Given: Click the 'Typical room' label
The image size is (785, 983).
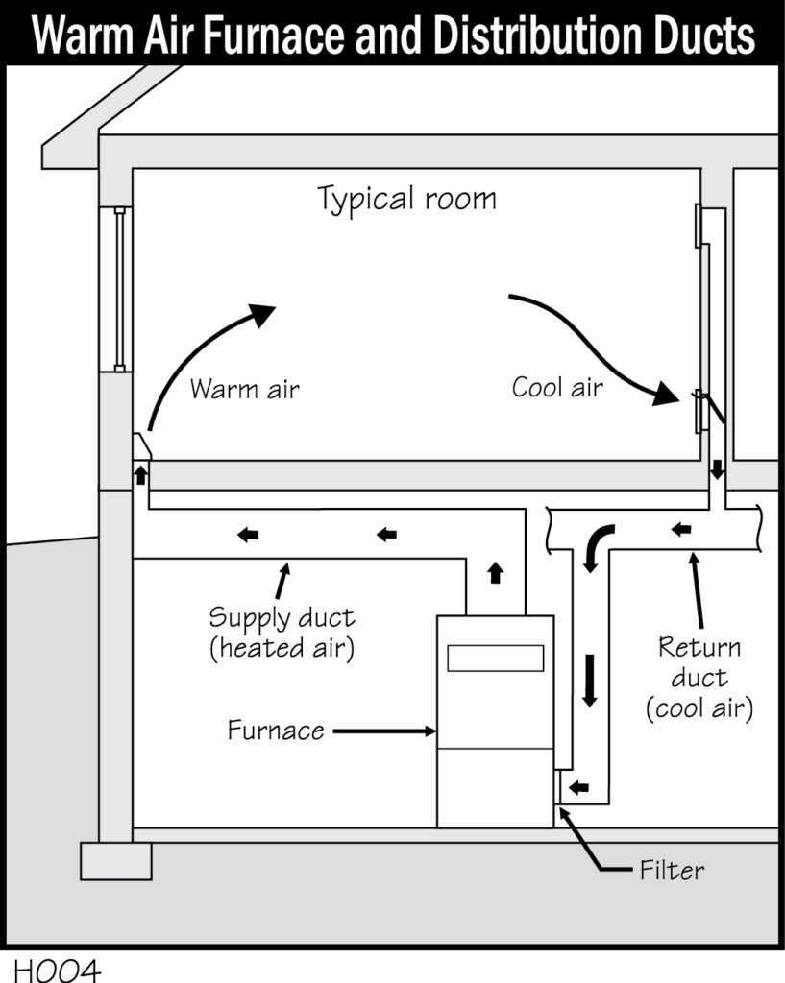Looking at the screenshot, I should click(x=407, y=200).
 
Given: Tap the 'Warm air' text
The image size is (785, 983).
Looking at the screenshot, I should click(x=245, y=390).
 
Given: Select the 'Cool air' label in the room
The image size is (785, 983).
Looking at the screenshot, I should click(x=557, y=388).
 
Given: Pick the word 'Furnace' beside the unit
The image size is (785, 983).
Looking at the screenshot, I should click(x=276, y=731).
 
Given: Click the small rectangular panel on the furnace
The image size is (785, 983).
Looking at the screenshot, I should click(x=495, y=658).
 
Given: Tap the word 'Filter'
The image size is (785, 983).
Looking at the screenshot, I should click(x=672, y=871).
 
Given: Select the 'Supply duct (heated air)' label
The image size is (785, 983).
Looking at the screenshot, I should click(x=282, y=632).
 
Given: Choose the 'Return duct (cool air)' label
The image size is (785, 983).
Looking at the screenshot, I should click(x=699, y=678).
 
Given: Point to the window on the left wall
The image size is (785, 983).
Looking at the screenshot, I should click(x=119, y=288).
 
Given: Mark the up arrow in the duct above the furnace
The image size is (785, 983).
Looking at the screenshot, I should click(x=496, y=573).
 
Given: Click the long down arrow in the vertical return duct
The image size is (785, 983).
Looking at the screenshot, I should click(x=589, y=679).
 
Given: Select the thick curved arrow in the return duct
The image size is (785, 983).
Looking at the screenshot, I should click(x=597, y=542).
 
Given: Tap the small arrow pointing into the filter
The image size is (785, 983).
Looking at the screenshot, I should click(x=578, y=788).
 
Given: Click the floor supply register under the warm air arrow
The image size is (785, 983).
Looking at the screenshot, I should click(x=142, y=447).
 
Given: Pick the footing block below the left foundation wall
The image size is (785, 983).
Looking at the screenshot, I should click(x=116, y=860).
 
